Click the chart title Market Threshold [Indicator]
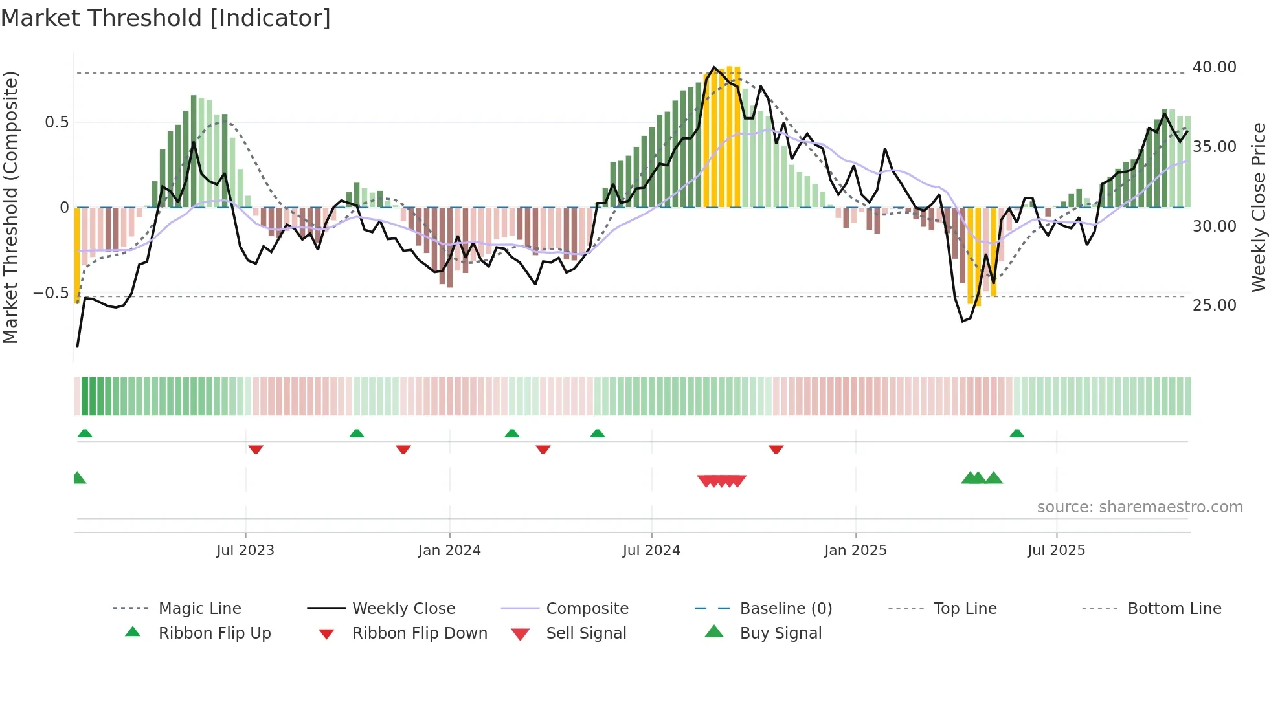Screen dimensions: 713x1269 click(166, 18)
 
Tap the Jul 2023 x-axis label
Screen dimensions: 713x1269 click(245, 551)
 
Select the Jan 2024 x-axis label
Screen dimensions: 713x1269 click(449, 551)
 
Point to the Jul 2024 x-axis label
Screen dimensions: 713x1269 click(651, 551)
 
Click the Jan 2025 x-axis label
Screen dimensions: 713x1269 click(855, 551)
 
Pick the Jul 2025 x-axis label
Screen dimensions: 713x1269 click(1056, 551)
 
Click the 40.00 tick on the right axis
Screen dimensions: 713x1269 click(1214, 67)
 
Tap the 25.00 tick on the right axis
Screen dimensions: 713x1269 click(1214, 305)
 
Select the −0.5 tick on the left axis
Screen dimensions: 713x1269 click(51, 293)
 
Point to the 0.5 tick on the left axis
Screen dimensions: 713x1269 click(56, 122)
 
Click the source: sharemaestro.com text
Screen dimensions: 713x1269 click(1140, 507)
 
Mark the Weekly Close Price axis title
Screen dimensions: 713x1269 click(1258, 207)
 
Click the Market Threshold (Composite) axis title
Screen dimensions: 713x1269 click(10, 207)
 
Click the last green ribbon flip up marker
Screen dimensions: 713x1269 click(1016, 433)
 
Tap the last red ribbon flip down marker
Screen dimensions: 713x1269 click(776, 449)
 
